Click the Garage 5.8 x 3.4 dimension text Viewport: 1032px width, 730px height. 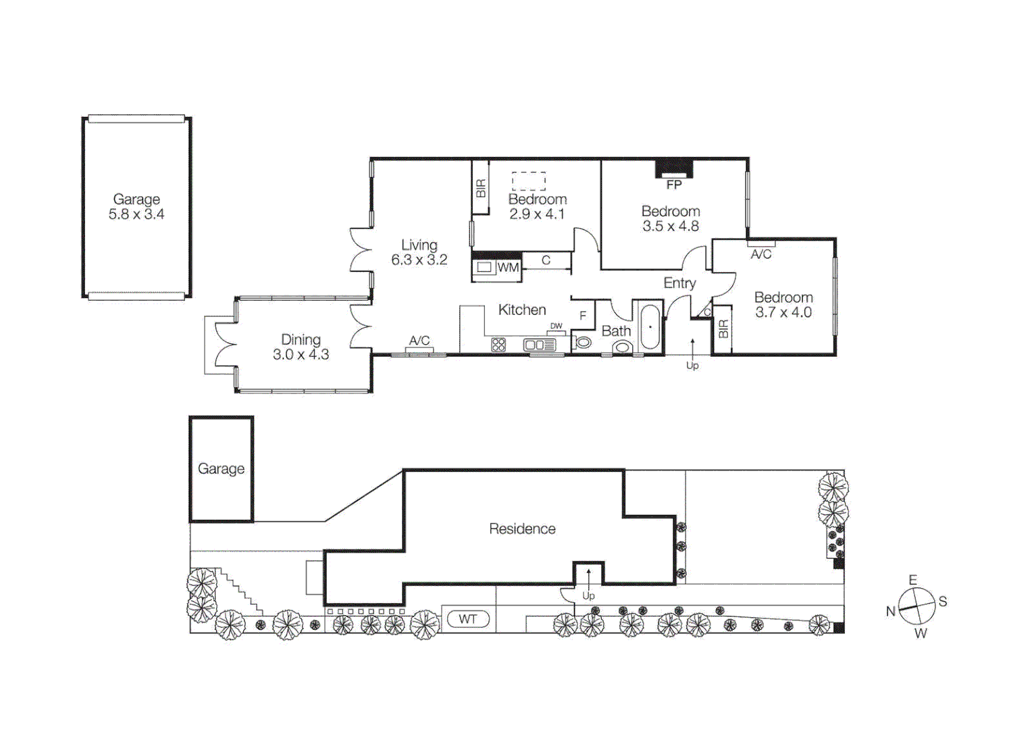coord(136,214)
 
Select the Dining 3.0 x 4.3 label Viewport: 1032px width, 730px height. coord(301,347)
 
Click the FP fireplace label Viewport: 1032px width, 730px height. coord(673,185)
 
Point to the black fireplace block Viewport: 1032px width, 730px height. coord(674,168)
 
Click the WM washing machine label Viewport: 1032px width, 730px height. coord(508,268)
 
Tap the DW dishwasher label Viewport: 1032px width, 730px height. coord(556,326)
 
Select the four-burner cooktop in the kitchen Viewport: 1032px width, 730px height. coord(498,345)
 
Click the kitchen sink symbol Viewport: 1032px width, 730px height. coord(539,345)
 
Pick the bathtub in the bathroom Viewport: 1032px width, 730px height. coord(650,327)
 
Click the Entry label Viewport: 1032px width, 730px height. coord(679,283)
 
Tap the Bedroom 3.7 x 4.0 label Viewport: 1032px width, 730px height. coord(783,305)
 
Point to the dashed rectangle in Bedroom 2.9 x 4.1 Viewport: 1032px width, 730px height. coord(528,181)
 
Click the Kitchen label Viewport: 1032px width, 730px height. coord(522,310)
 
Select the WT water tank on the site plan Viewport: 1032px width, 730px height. coord(467,619)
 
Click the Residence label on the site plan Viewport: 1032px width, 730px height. coord(522,529)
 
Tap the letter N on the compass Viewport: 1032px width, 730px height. coord(891,611)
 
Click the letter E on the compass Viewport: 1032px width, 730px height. coord(912,580)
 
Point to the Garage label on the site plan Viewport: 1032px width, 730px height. coord(221,468)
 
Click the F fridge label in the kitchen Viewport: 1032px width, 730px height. coord(583,316)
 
